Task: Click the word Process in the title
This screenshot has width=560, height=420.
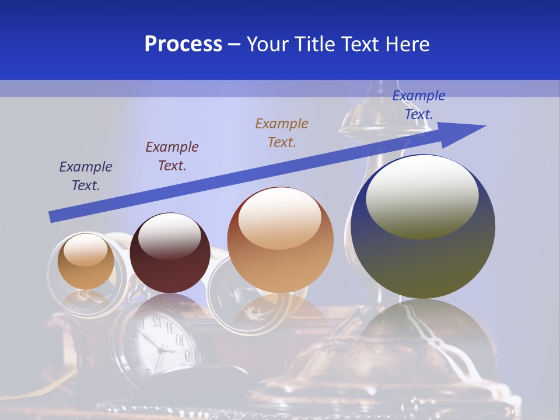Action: [183, 44]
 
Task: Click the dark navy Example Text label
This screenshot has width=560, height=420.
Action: [85, 176]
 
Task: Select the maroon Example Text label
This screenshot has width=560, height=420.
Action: [171, 156]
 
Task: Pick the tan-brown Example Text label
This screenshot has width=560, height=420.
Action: [282, 132]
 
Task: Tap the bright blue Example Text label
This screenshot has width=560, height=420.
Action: [418, 104]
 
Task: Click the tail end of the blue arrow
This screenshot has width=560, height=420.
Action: [51, 217]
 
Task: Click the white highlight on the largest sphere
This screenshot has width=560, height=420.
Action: [422, 197]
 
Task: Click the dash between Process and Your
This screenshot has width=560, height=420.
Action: [234, 45]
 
